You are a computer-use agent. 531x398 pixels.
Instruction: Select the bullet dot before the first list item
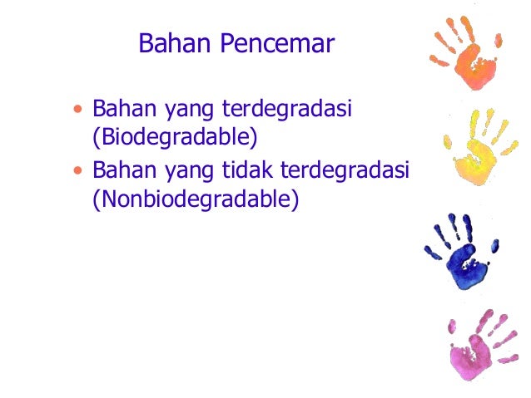78,109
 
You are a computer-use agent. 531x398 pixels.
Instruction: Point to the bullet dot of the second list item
78,171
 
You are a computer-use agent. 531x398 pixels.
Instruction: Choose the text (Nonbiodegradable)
195,199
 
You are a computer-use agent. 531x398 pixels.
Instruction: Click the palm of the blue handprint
460,264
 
